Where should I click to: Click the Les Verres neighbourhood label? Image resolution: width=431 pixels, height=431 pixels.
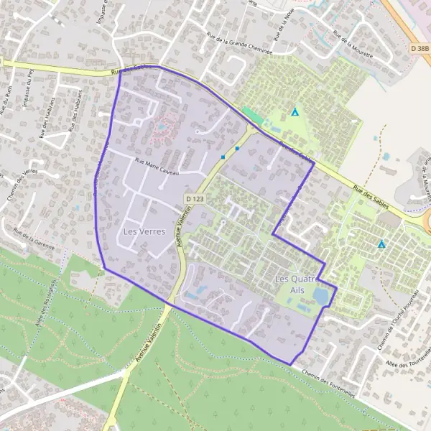[x=144, y=231]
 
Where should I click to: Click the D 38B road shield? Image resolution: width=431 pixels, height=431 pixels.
[x=421, y=48]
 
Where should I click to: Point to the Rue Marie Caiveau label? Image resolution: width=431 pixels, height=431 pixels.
[x=154, y=168]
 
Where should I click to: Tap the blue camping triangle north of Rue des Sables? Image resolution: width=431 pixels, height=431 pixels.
[x=295, y=112]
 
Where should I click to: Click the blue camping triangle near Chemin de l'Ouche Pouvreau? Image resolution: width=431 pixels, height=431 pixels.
[x=381, y=244]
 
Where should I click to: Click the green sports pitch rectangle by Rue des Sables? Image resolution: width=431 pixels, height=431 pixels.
[x=253, y=115]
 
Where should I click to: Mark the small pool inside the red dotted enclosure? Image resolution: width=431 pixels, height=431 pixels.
[x=162, y=127]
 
